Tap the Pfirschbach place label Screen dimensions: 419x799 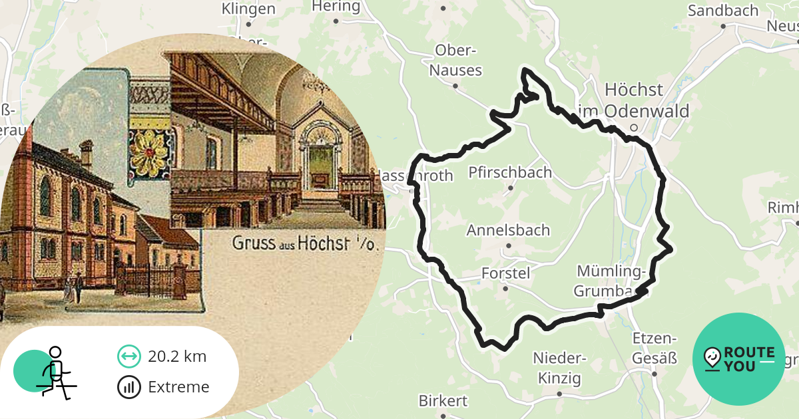click(x=510, y=173)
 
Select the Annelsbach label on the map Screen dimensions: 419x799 click(x=508, y=231)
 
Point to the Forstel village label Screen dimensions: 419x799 click(x=505, y=273)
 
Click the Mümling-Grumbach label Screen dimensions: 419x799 click(x=611, y=281)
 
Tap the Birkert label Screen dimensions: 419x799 click(x=443, y=401)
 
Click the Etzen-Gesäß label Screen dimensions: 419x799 click(x=655, y=348)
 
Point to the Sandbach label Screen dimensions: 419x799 click(x=723, y=11)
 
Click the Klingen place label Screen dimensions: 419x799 click(x=248, y=9)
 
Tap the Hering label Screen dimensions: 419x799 click(x=336, y=7)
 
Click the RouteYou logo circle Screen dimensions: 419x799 click(x=739, y=359)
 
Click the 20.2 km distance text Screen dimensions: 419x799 click(x=177, y=356)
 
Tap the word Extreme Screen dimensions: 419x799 click(x=178, y=387)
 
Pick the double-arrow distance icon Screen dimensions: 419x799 click(x=129, y=356)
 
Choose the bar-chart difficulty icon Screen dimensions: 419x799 click(x=129, y=387)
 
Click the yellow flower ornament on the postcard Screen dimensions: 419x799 click(x=148, y=152)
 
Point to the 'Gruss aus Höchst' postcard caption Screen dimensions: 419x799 click(x=305, y=243)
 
